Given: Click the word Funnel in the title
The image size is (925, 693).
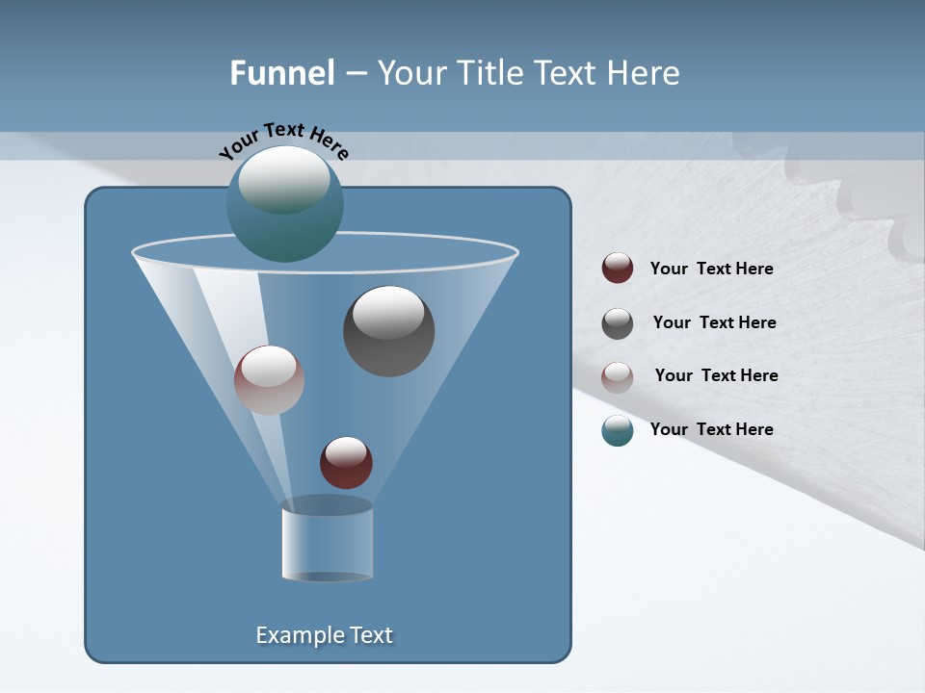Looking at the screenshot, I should click(x=281, y=72).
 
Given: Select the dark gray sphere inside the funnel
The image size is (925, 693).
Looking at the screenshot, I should click(x=388, y=331).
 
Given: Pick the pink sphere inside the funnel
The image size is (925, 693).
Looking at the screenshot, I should click(x=269, y=380).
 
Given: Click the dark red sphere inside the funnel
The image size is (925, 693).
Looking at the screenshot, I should click(x=346, y=463).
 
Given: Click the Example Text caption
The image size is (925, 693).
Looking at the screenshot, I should click(x=324, y=635).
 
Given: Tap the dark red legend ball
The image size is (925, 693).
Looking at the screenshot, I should click(x=618, y=269).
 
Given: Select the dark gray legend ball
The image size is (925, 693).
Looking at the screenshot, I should click(x=618, y=323).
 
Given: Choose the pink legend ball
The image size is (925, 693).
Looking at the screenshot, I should click(x=618, y=376).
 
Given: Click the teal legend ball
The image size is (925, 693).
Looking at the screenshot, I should click(x=618, y=430).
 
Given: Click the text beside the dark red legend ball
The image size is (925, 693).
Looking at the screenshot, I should click(x=711, y=269).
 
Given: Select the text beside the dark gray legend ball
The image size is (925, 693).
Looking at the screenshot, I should click(x=714, y=322).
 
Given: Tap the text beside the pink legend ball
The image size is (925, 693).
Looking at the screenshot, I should click(x=716, y=375).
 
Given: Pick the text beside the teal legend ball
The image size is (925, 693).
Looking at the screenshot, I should click(x=711, y=429).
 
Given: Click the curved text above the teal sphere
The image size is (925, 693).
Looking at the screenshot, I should click(x=284, y=138).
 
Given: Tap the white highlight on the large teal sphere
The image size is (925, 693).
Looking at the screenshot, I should click(x=283, y=178).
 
